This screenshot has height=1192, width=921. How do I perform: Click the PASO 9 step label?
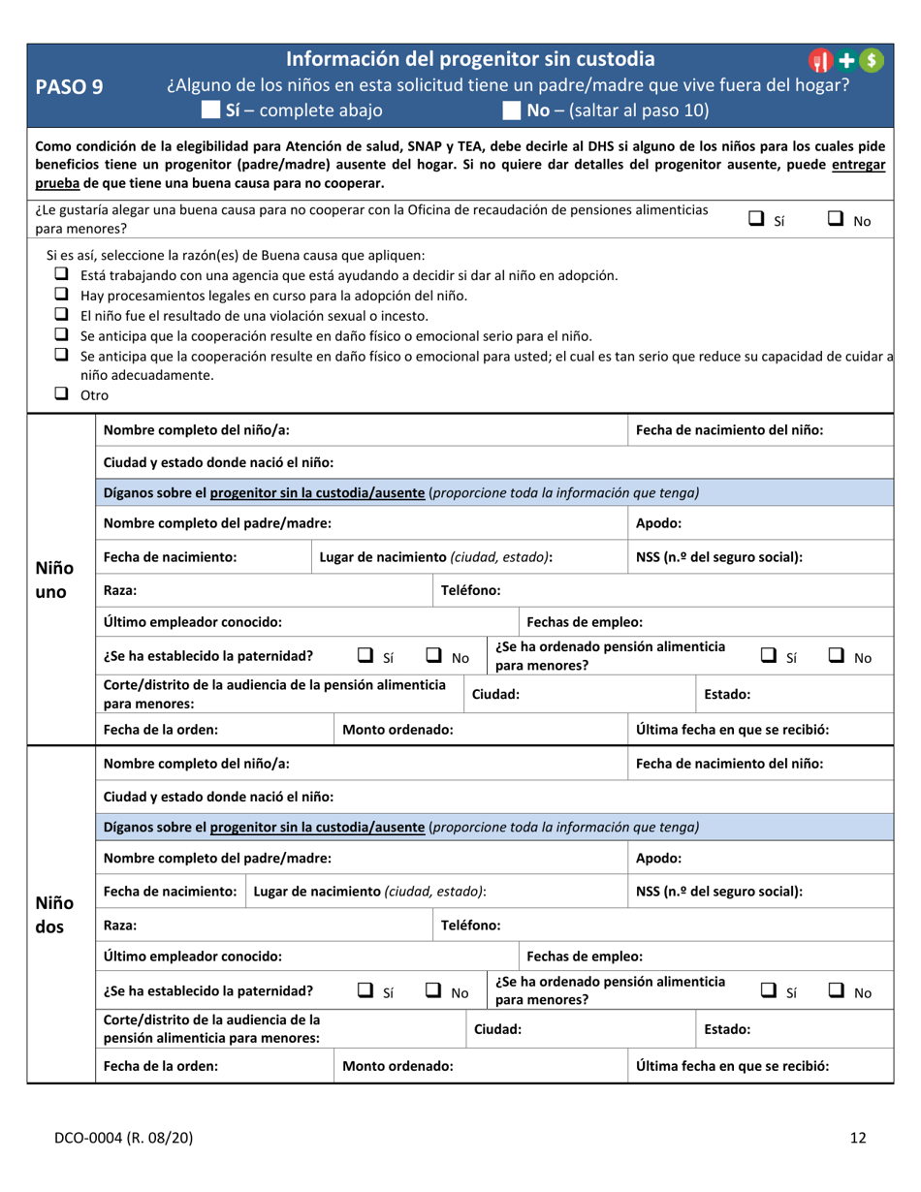click(x=69, y=87)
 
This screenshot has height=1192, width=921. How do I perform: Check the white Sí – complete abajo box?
click(x=209, y=110)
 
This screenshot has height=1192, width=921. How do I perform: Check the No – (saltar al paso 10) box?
click(x=511, y=110)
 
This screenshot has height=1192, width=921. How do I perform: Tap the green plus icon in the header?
click(x=847, y=60)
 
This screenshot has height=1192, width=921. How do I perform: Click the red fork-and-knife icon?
click(x=820, y=60)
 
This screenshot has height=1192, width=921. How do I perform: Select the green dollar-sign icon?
click(x=872, y=60)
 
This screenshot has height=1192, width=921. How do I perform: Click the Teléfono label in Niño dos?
click(x=470, y=925)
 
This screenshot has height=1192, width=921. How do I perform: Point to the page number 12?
click(x=858, y=1139)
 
